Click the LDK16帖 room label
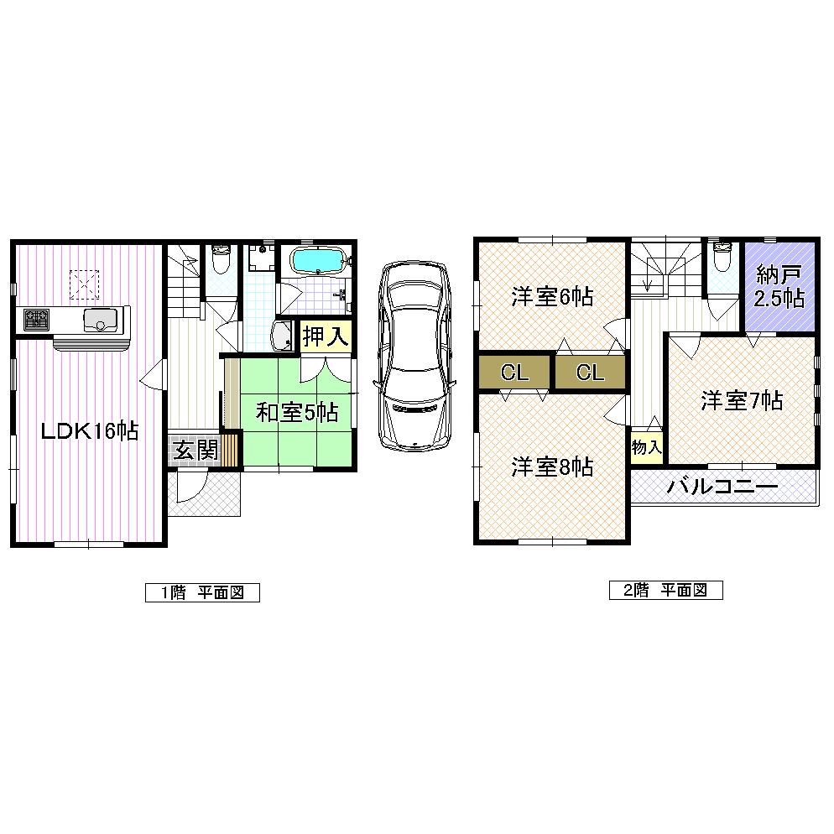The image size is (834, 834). pyautogui.click(x=91, y=431)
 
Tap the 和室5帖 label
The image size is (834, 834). pyautogui.click(x=296, y=412)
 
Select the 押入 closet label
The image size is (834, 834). pyautogui.click(x=325, y=337)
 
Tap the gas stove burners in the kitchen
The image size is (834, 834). pyautogui.click(x=35, y=320)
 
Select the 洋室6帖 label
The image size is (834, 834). pyautogui.click(x=552, y=296)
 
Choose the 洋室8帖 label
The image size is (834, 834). pyautogui.click(x=552, y=467)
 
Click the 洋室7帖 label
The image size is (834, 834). pyautogui.click(x=742, y=401)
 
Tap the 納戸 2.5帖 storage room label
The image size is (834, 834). pyautogui.click(x=779, y=287)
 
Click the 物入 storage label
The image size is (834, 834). pyautogui.click(x=646, y=448)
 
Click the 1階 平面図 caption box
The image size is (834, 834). pyautogui.click(x=202, y=592)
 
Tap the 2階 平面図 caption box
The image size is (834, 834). pyautogui.click(x=666, y=590)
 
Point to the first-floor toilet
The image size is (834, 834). pyautogui.click(x=222, y=262)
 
